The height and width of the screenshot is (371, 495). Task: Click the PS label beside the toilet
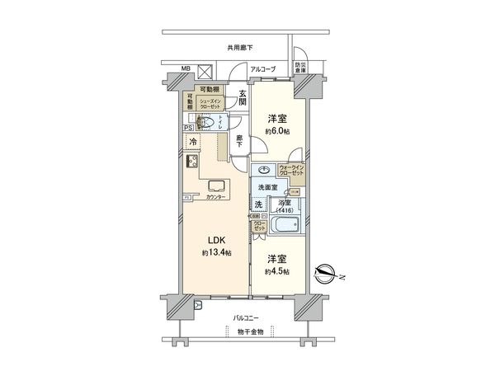point(188,128)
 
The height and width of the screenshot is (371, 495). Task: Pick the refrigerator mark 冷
point(191,143)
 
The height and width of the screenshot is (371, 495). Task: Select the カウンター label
point(218,199)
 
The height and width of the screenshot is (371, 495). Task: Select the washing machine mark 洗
point(258,204)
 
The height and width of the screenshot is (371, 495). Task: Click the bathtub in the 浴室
point(286,224)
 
